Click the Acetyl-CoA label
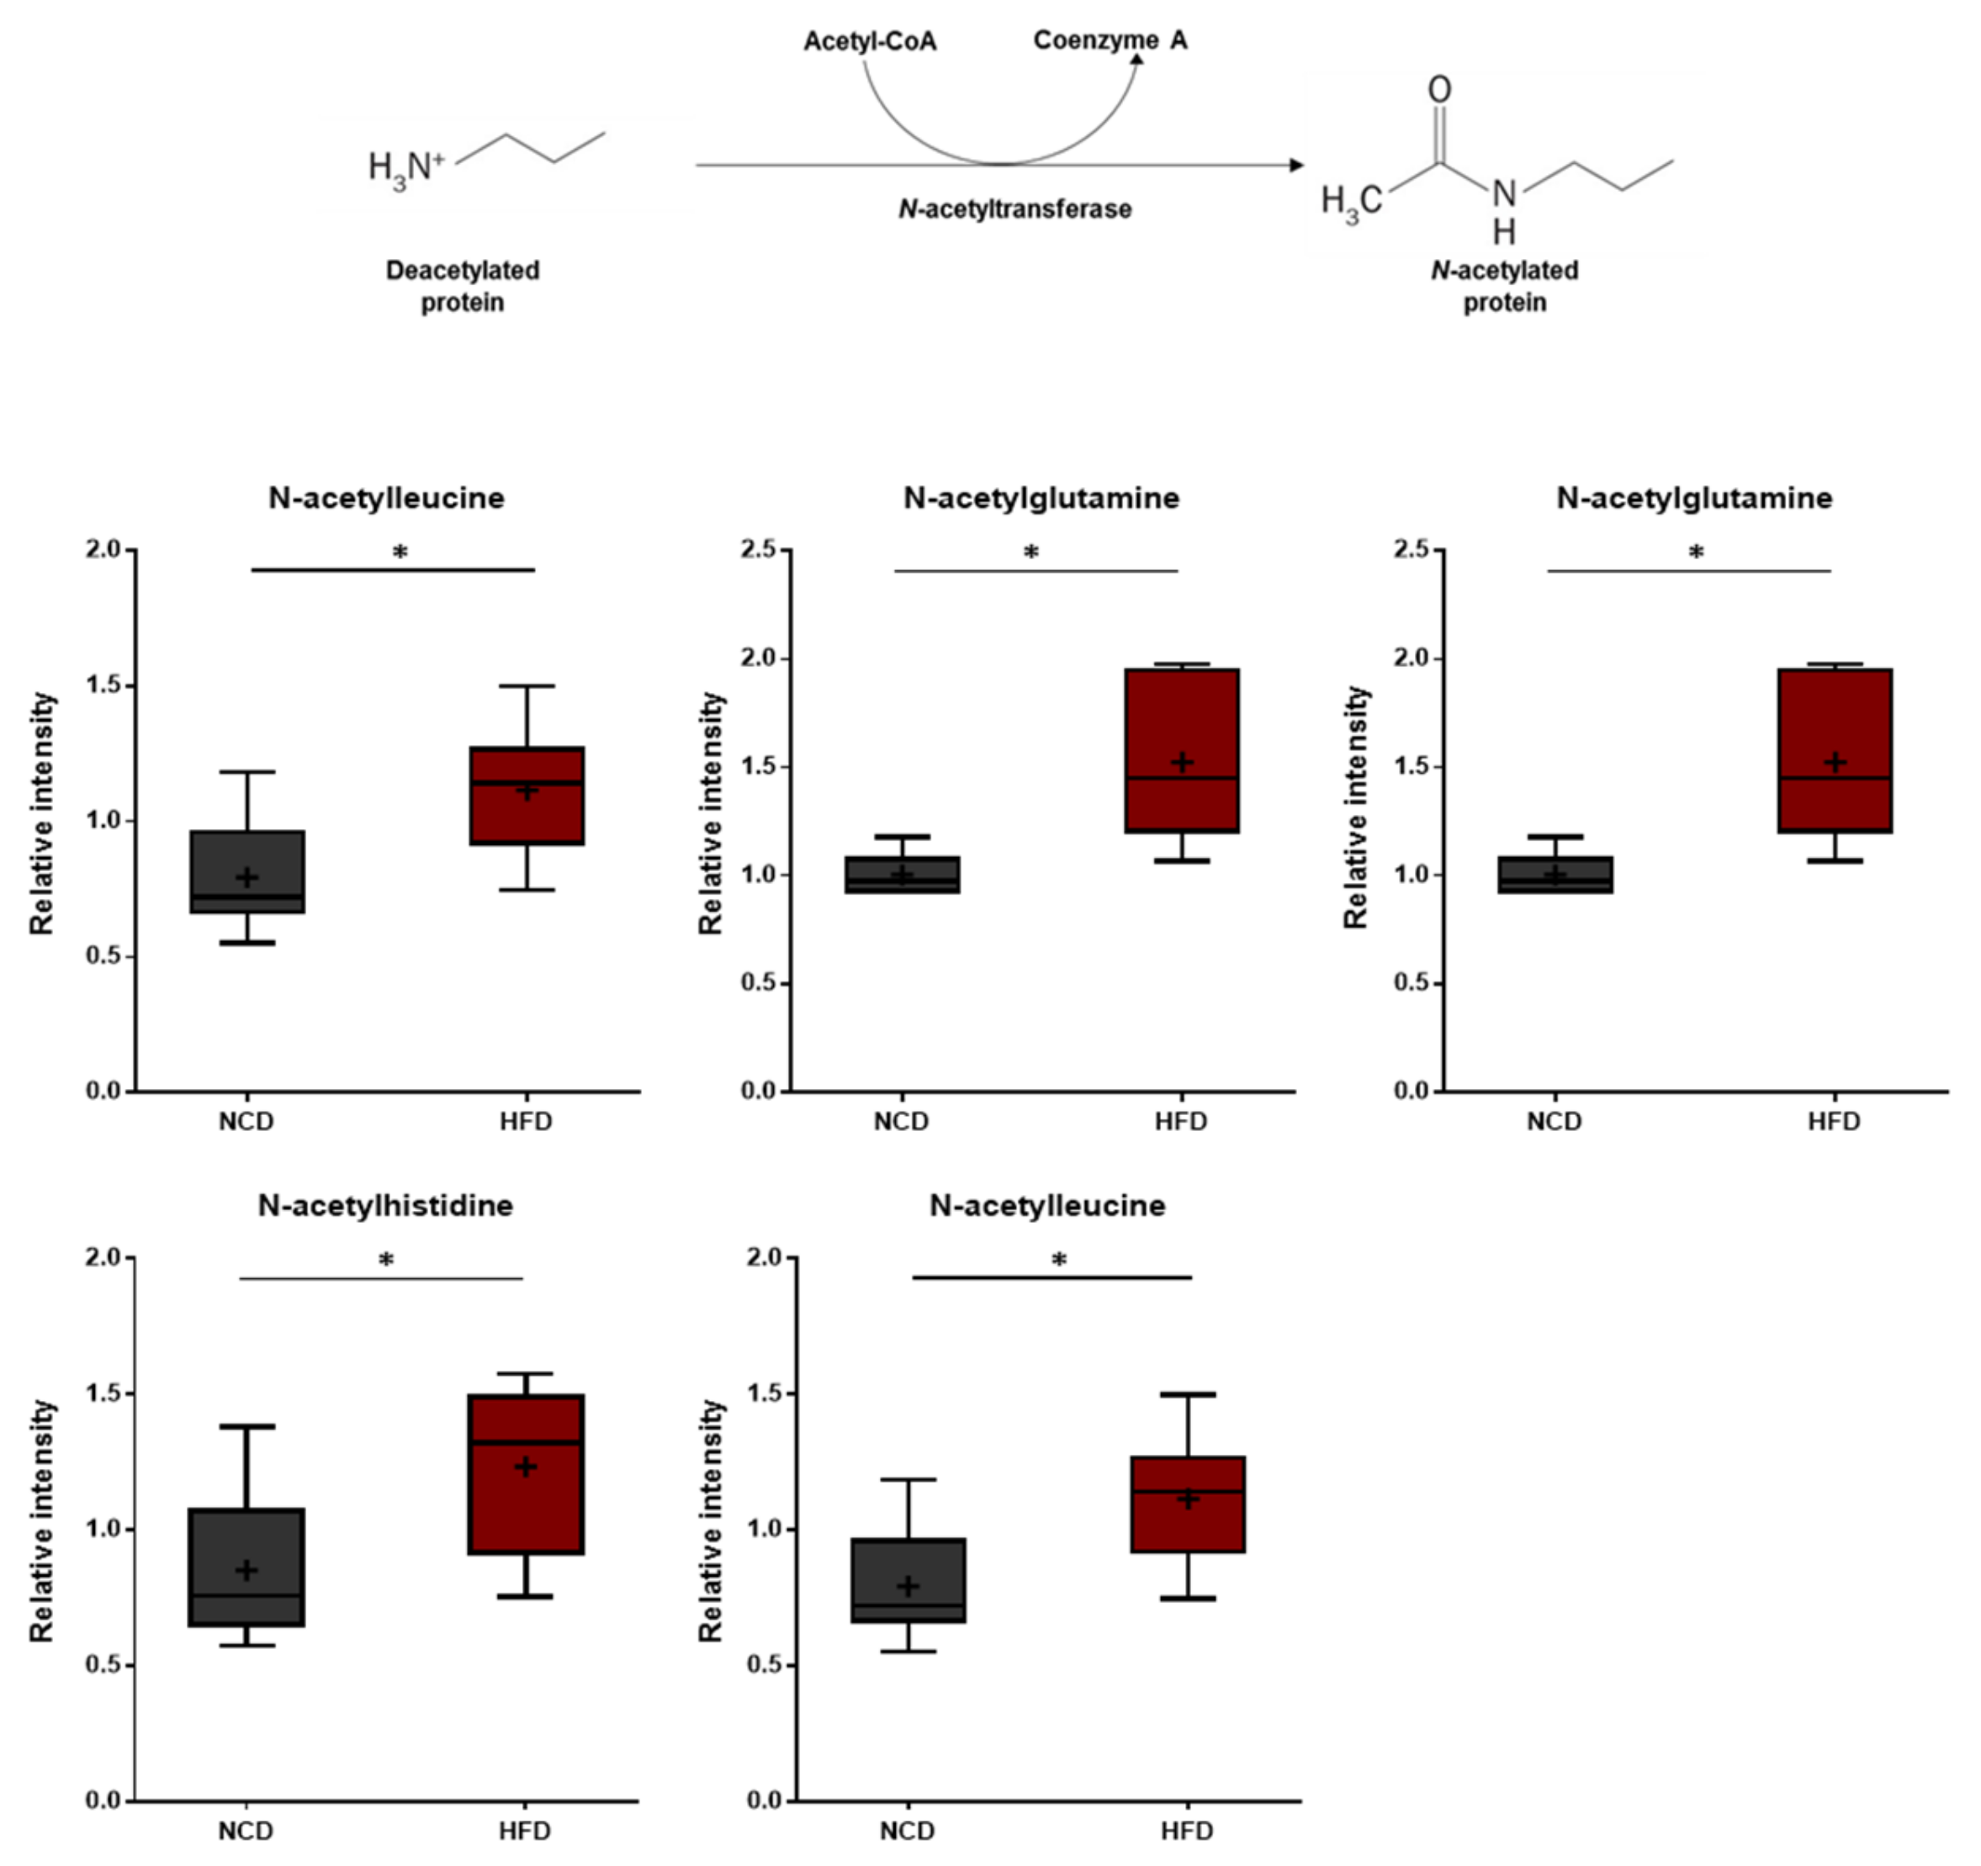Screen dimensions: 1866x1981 pyautogui.click(x=870, y=42)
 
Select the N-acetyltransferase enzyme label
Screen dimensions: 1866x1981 pyautogui.click(x=1014, y=209)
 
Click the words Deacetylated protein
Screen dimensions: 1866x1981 pyautogui.click(x=463, y=286)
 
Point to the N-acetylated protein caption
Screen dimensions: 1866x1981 pyautogui.click(x=1504, y=286)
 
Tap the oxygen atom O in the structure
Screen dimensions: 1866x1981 pyautogui.click(x=1439, y=90)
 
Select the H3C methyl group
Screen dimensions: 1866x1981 pyautogui.click(x=1351, y=203)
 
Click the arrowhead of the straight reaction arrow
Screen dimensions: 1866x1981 pyautogui.click(x=1296, y=164)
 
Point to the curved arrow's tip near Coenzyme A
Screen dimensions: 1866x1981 pyautogui.click(x=1136, y=60)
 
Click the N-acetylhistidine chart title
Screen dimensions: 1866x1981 pyautogui.click(x=384, y=1206)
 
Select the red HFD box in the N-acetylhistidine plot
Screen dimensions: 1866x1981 pyautogui.click(x=525, y=1473)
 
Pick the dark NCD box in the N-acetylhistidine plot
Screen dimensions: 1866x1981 pyautogui.click(x=246, y=1567)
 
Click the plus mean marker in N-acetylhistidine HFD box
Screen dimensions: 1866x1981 pyautogui.click(x=525, y=1467)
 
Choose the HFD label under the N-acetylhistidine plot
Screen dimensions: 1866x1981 pyautogui.click(x=524, y=1830)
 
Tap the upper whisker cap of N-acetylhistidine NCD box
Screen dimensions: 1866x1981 pyautogui.click(x=246, y=1427)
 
